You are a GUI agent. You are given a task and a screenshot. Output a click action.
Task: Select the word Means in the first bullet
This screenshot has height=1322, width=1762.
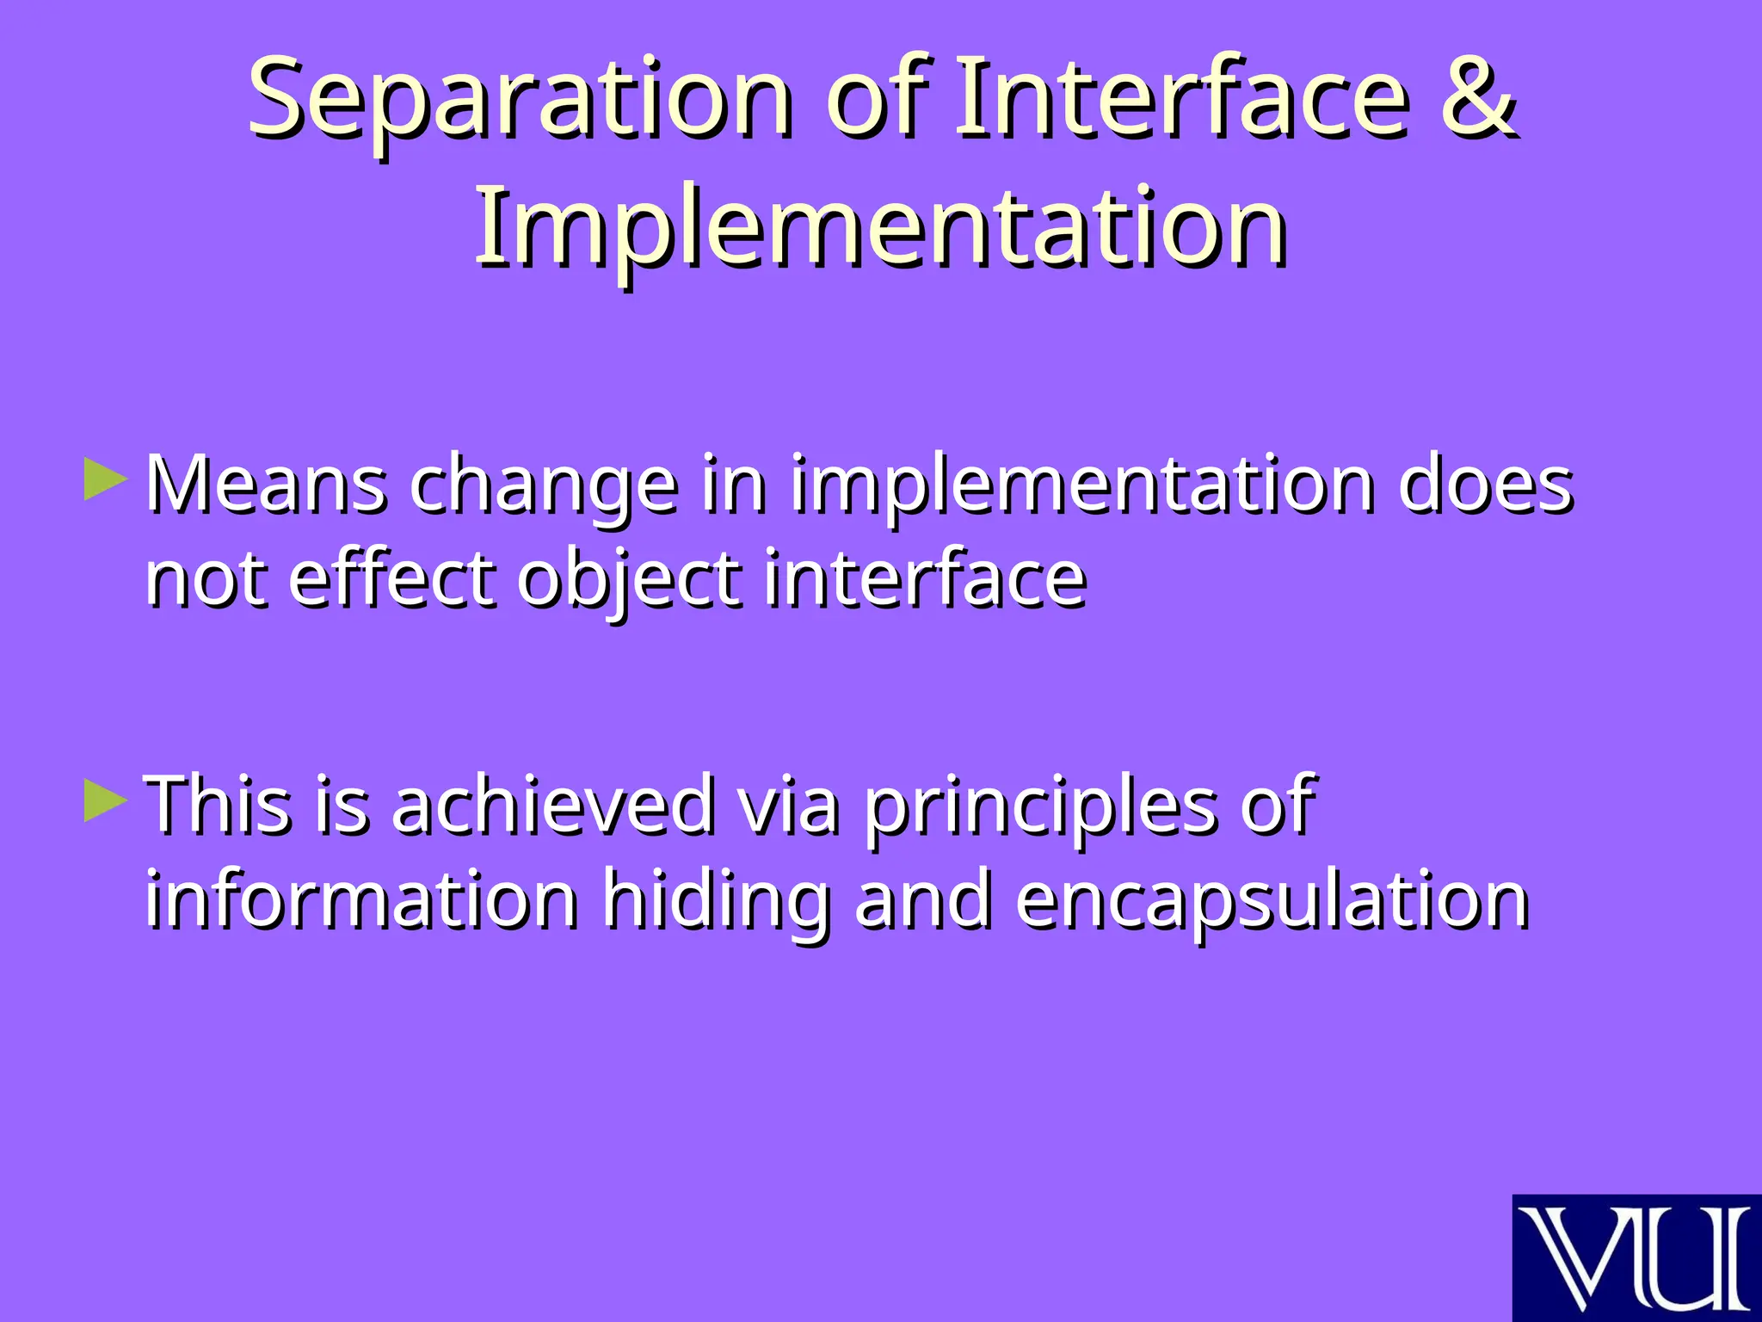pyautogui.click(x=266, y=485)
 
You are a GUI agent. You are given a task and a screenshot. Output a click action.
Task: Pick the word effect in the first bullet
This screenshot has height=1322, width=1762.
pyautogui.click(x=392, y=579)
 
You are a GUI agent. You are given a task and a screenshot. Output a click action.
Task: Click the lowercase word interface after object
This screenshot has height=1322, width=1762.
pyautogui.click(x=925, y=579)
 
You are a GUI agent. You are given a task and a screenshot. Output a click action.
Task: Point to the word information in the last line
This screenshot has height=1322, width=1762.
pyautogui.click(x=361, y=900)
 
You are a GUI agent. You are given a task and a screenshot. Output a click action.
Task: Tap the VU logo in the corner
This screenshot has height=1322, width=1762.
pyautogui.click(x=1636, y=1257)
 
